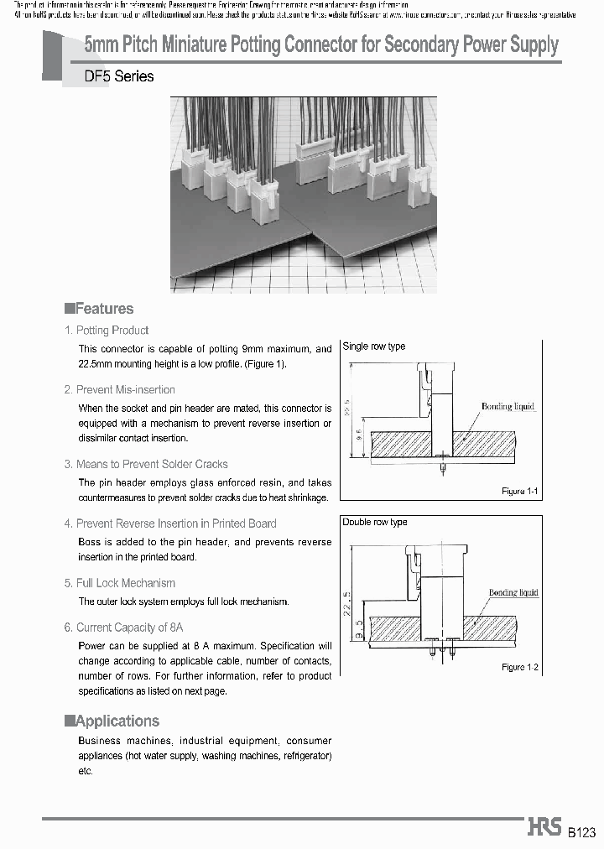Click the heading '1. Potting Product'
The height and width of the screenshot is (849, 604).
coord(107,331)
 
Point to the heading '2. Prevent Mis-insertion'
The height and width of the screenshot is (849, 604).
coord(120,389)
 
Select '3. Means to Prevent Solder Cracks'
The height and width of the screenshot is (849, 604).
coord(146,464)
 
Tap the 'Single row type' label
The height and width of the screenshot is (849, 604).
coord(374,346)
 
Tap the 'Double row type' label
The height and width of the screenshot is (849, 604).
coord(375,522)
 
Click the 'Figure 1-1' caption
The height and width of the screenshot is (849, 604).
coord(519,491)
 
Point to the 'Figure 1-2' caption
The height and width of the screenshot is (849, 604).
coord(519,667)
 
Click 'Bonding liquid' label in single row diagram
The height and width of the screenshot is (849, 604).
coord(508,407)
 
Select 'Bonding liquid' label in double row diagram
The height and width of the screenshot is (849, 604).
coord(513,592)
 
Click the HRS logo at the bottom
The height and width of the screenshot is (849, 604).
coord(544,827)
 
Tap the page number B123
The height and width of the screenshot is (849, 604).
coord(581,832)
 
